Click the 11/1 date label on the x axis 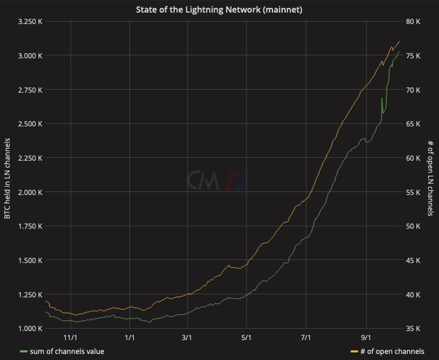(x=70, y=339)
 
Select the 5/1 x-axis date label (x=247, y=339)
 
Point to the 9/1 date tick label (x=365, y=339)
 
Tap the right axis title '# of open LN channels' (x=431, y=178)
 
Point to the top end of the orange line (x=400, y=41)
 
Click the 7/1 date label (x=306, y=339)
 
